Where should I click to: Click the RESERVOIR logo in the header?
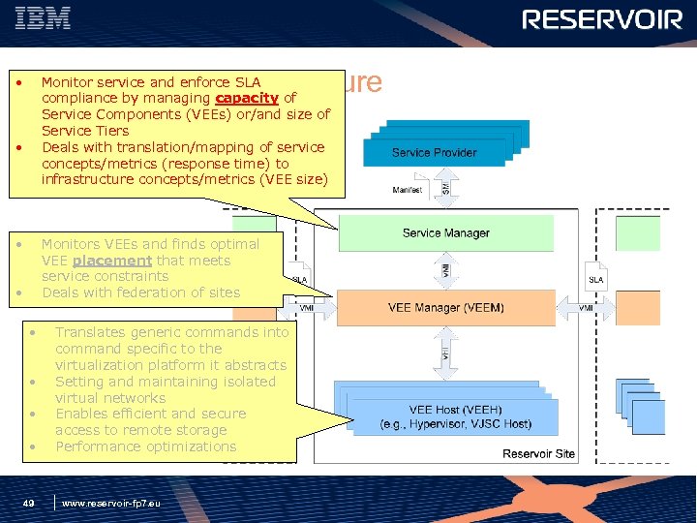(x=602, y=20)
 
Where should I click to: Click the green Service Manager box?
(x=445, y=233)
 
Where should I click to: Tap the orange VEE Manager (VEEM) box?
(x=445, y=308)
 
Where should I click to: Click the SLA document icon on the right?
(x=597, y=278)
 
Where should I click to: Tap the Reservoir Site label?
(x=538, y=453)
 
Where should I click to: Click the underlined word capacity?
(x=246, y=98)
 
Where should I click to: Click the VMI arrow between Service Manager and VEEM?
(x=445, y=270)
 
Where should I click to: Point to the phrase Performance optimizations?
(x=145, y=446)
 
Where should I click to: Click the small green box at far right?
(x=635, y=233)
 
